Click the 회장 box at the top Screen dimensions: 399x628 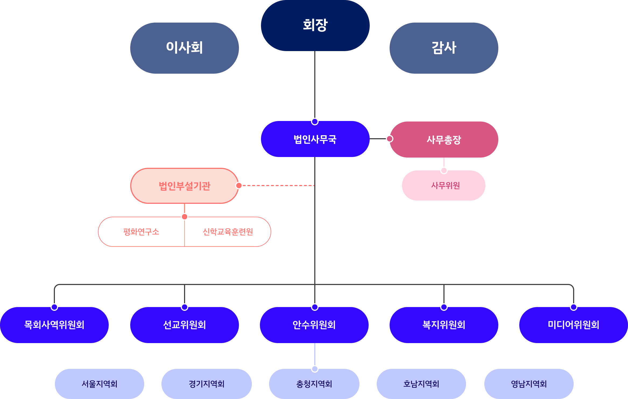click(x=315, y=25)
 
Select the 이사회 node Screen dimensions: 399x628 click(x=184, y=48)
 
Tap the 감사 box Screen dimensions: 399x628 click(x=444, y=48)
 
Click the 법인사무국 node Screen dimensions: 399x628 click(x=315, y=139)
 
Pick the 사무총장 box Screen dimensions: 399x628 click(x=444, y=140)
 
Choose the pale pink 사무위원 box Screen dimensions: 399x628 click(x=444, y=186)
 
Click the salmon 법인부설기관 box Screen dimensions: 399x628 click(x=184, y=186)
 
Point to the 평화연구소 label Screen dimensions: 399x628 click(x=141, y=232)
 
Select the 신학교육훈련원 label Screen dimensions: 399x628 click(x=228, y=232)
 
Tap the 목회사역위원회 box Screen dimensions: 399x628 click(x=54, y=325)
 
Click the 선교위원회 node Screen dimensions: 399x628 click(x=184, y=325)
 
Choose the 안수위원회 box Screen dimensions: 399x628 click(x=314, y=325)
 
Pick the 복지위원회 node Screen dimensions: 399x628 click(x=444, y=325)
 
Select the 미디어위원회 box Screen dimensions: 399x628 click(x=573, y=325)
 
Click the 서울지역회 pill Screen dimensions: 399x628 click(x=99, y=384)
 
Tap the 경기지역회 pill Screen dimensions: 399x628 click(x=206, y=384)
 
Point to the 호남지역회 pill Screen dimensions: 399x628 click(x=421, y=384)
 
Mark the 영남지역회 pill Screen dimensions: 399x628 click(x=529, y=384)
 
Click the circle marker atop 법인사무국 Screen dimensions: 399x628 click(x=315, y=122)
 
